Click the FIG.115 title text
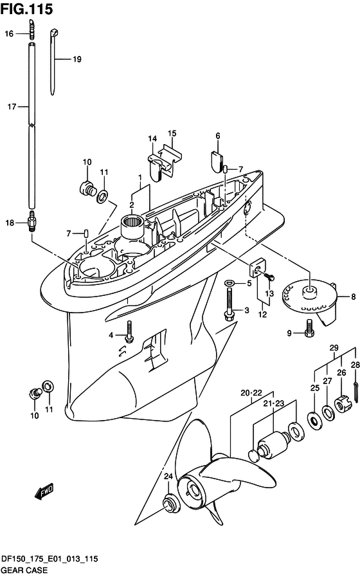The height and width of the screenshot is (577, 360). pos(26,9)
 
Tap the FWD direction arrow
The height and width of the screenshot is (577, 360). pos(44,491)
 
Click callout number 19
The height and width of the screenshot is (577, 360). pos(76,59)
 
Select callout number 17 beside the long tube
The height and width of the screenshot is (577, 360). pos(12,107)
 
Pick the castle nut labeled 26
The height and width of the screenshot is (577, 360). pos(343,404)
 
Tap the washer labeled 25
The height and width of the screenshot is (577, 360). pos(314,421)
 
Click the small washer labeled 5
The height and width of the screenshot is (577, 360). pos(230,283)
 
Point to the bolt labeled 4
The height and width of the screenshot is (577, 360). pos(129,332)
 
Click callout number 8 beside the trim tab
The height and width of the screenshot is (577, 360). pos(353,297)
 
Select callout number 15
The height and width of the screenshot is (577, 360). pos(172,133)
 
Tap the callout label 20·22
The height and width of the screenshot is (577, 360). pos(251,393)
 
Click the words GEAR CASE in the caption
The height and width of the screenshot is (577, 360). pos(24,571)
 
